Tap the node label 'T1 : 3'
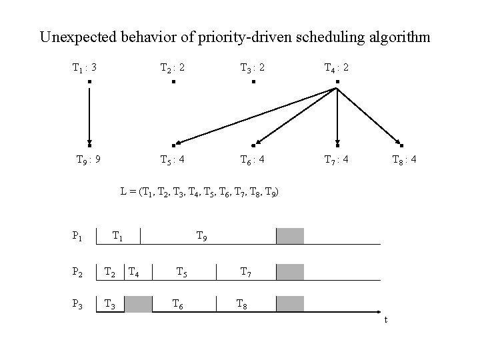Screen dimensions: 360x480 click(85, 67)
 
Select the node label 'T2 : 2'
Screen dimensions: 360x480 click(173, 67)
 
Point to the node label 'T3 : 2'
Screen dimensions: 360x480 click(253, 67)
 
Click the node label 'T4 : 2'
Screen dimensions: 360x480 click(337, 67)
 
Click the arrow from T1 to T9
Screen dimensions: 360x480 click(89, 113)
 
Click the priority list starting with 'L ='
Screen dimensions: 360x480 click(199, 192)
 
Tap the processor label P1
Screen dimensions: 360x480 click(77, 235)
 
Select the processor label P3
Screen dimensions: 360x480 click(77, 304)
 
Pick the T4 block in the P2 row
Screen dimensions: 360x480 click(133, 271)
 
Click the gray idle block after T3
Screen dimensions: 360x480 click(139, 304)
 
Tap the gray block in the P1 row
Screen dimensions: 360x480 click(290, 236)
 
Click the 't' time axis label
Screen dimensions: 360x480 click(385, 320)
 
